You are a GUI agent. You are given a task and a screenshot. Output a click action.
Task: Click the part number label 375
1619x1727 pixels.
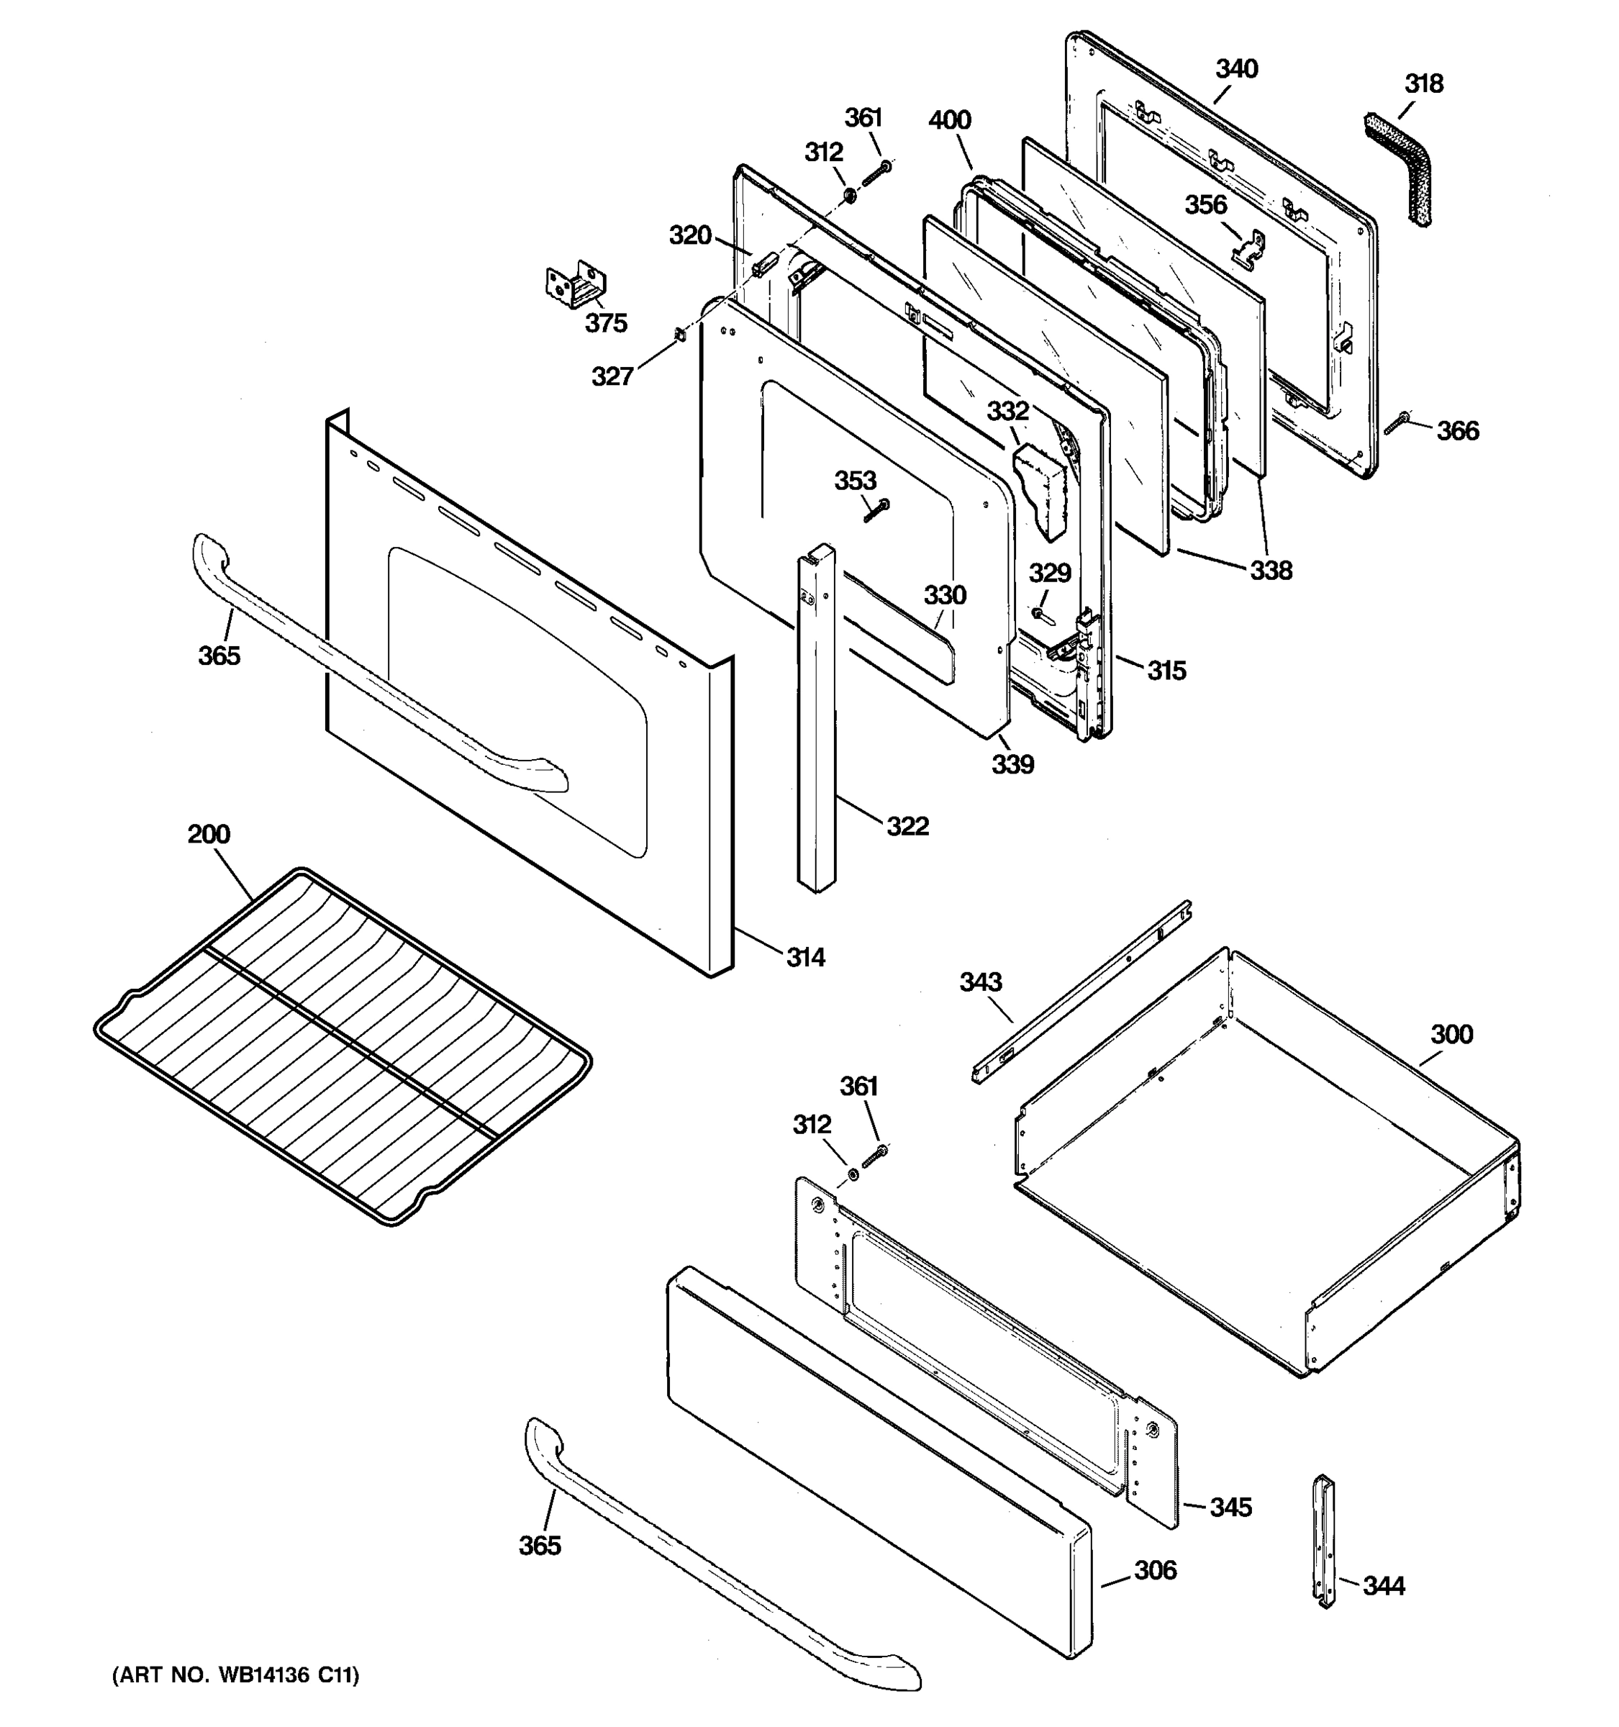coord(605,323)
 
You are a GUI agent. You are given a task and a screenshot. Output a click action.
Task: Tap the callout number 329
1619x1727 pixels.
coord(1050,574)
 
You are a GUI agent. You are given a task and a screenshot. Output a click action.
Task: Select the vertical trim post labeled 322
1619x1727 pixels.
coord(817,721)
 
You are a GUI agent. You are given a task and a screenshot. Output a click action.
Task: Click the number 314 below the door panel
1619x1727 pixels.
coord(805,957)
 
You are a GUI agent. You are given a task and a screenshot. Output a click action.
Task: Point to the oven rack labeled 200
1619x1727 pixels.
coord(343,1047)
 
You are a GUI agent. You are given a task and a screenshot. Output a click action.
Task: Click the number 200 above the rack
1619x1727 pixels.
coord(209,834)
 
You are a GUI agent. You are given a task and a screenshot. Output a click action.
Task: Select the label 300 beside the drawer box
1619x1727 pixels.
coord(1451,1034)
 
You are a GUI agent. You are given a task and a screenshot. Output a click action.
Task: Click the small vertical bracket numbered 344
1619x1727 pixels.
coord(1324,1542)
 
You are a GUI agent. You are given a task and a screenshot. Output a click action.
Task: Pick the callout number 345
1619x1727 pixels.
coord(1230,1508)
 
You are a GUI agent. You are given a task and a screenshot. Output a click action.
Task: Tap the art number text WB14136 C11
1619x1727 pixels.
coord(235,1676)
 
